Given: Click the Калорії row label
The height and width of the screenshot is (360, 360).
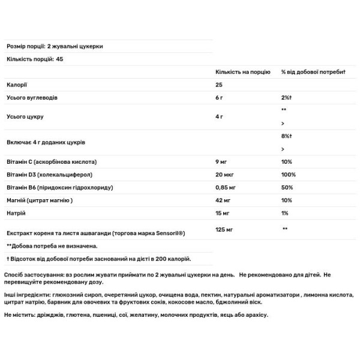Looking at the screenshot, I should [15, 85].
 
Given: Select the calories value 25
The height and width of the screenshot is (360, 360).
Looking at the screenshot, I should [219, 85].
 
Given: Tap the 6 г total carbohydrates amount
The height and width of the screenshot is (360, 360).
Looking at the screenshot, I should [220, 97].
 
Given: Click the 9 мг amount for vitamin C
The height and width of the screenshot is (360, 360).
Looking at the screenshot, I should [221, 163].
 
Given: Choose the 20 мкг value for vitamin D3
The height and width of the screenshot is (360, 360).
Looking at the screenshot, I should [224, 175].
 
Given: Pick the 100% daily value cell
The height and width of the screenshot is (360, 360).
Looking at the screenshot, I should [289, 175].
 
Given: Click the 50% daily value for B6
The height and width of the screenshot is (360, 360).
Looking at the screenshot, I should [287, 188].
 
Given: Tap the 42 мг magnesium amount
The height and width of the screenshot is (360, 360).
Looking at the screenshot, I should [223, 200].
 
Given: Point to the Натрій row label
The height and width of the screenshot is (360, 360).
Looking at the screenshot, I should [14, 213].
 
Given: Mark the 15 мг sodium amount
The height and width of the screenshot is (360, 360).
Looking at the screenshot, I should [223, 213].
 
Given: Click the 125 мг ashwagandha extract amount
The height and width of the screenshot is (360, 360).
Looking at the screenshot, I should [224, 229].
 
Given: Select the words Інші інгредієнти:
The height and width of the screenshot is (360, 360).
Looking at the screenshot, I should [27, 296].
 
